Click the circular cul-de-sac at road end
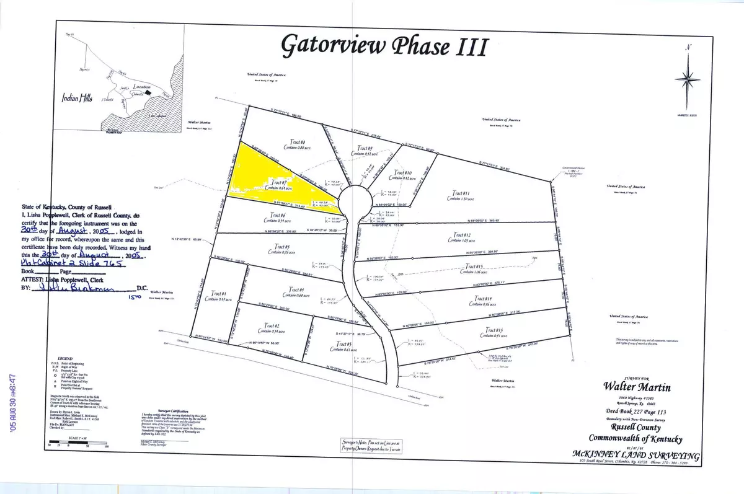(355, 199)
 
